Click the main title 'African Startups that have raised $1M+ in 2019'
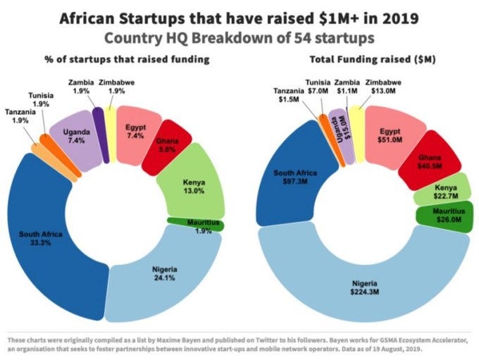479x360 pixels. tap(240, 18)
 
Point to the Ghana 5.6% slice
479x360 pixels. tap(168, 144)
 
